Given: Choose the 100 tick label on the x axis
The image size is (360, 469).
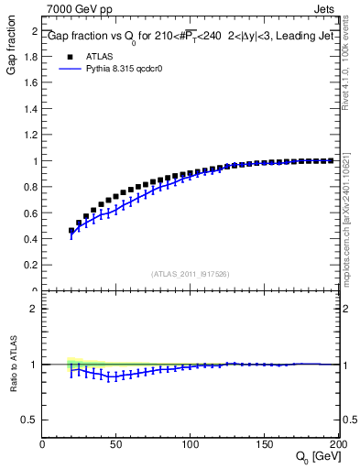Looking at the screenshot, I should click(x=191, y=443).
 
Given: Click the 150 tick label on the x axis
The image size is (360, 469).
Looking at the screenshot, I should click(x=265, y=443).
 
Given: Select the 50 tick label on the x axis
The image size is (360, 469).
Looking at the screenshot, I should click(x=116, y=443).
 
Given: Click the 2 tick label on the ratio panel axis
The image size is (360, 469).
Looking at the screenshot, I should click(x=35, y=309).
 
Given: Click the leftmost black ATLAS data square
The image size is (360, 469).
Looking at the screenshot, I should click(x=71, y=231).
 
